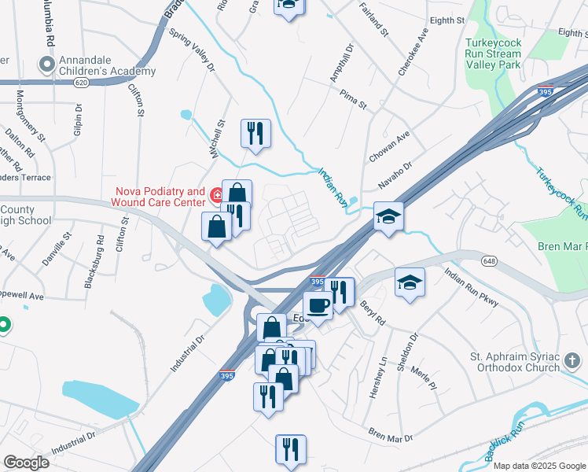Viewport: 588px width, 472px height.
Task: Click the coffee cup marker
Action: coord(318,305)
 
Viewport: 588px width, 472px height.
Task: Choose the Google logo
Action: coord(26,463)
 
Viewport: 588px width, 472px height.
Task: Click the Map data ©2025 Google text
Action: coord(538,466)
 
